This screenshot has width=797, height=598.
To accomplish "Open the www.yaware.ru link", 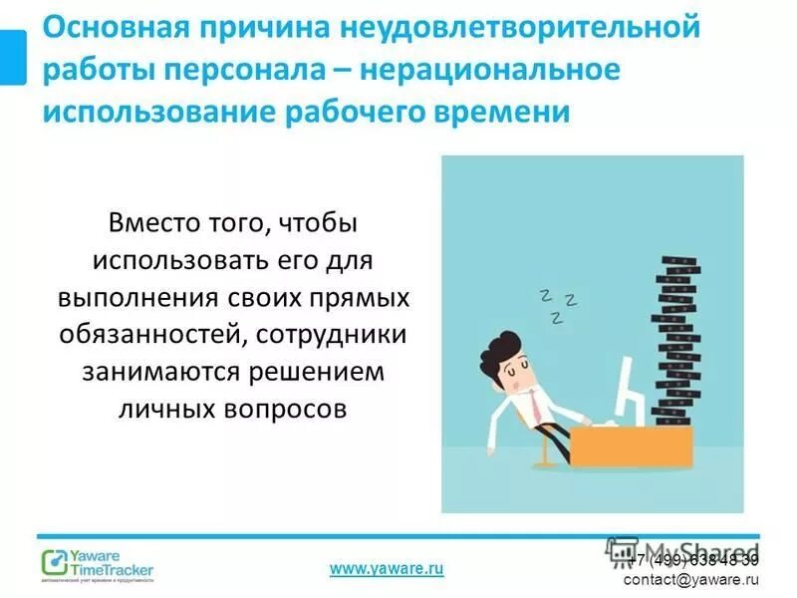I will [387, 568].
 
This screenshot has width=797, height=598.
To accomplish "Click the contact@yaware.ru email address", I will [691, 579].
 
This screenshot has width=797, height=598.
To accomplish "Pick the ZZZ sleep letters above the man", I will [557, 304].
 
